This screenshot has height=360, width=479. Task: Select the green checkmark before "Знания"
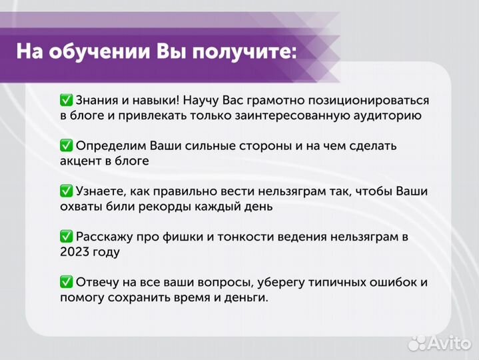coord(66,100)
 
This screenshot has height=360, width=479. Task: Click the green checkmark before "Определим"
coord(66,145)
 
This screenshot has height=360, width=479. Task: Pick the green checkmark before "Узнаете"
coord(66,191)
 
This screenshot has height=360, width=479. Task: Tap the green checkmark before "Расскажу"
coord(66,237)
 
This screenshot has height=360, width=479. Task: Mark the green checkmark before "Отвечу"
coord(66,282)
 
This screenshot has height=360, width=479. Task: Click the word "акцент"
coord(80,161)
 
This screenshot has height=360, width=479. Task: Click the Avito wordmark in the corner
coord(452,342)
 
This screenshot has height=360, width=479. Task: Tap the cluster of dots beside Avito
coord(418,342)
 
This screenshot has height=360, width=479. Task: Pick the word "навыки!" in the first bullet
coord(152,100)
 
